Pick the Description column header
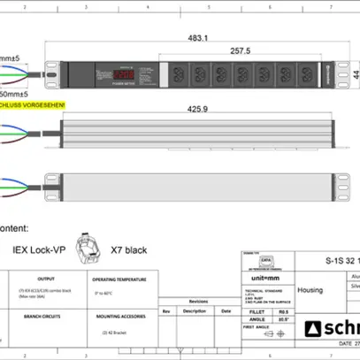[x=194, y=311]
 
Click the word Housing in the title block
[x=310, y=289]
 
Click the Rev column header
[x=165, y=311]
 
